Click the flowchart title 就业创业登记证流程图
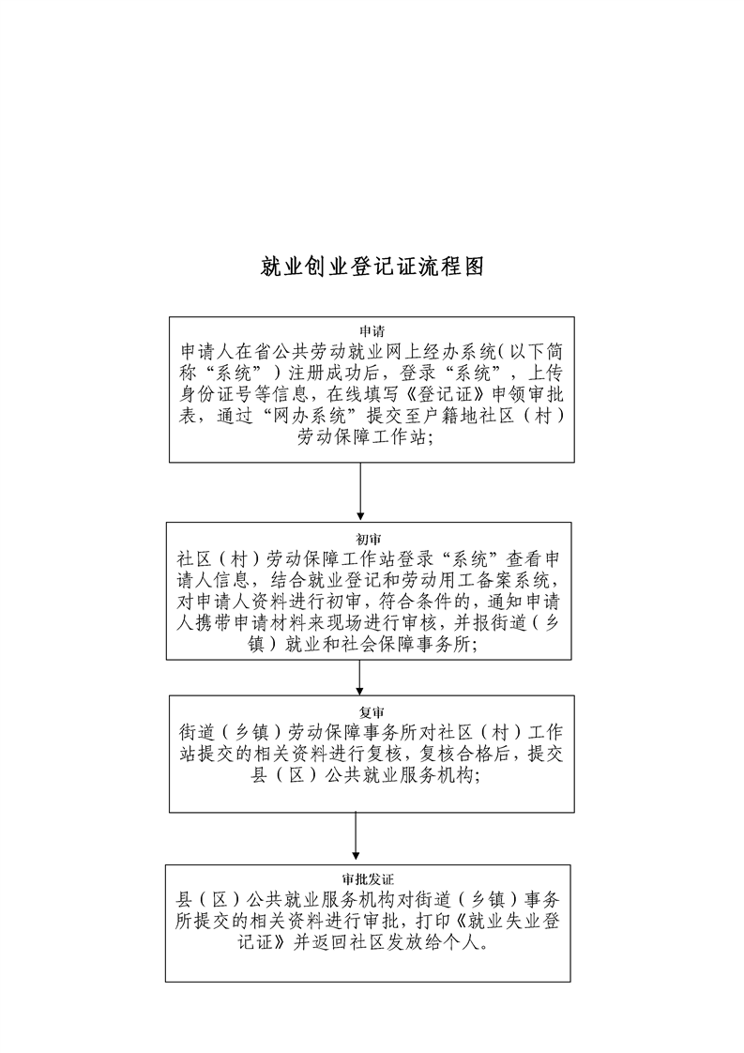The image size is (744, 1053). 372,267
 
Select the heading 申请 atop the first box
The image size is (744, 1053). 372,331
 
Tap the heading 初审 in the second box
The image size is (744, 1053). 369,540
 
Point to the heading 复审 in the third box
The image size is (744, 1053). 372,712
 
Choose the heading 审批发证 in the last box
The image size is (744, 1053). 368,879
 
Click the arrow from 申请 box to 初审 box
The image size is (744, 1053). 360,491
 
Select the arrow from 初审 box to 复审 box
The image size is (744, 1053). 360,677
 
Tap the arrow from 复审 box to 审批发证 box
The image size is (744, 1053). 356,837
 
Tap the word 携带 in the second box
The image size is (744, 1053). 216,623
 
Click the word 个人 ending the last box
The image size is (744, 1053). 463,943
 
